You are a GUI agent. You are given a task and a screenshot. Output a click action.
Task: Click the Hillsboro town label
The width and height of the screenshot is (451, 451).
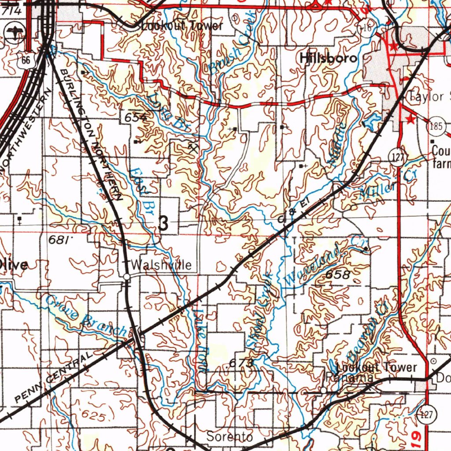328,58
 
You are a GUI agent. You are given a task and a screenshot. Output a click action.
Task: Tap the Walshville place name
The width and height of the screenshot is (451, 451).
161,265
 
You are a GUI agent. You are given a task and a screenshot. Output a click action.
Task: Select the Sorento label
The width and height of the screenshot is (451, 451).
229,437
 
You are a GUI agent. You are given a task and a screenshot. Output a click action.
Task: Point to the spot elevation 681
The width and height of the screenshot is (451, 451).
59,240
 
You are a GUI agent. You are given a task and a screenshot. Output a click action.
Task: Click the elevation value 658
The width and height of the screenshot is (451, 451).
338,275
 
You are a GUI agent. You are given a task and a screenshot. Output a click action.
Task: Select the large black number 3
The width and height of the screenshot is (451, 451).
163,224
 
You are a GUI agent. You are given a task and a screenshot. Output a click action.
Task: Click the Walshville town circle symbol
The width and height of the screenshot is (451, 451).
126,276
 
